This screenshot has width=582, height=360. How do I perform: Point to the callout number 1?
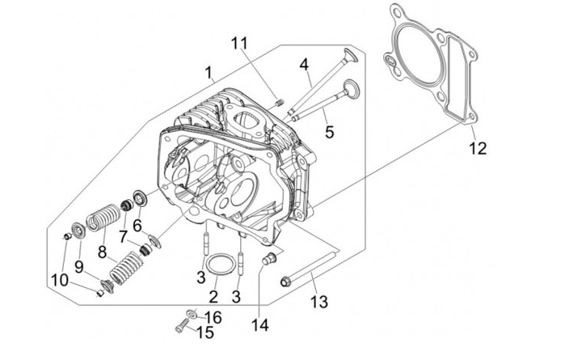(x=209, y=74)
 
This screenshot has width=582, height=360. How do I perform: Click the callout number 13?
(x=319, y=302)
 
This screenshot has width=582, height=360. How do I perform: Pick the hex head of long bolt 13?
(x=285, y=282)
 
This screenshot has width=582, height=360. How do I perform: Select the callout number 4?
(x=305, y=64)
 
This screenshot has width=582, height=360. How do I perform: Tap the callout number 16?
(x=213, y=316)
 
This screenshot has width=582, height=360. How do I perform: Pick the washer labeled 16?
(x=191, y=313)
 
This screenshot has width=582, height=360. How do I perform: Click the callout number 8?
(x=102, y=251)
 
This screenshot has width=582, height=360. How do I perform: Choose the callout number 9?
(x=79, y=265)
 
